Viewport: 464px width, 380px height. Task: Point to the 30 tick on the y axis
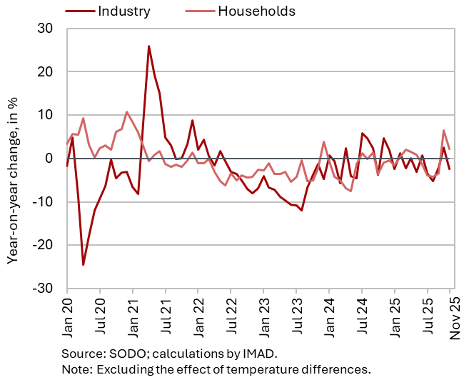pos(44,29)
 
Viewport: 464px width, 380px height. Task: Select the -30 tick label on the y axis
pos(41,288)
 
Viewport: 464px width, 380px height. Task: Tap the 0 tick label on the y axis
pos(49,159)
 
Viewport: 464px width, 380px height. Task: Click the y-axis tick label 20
pos(44,72)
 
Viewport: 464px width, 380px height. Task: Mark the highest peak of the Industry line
pos(148,46)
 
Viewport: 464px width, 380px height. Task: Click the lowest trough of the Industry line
pos(83,265)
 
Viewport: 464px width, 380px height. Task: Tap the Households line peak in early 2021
pos(126,112)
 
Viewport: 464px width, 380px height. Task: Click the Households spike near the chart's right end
pos(443,131)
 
